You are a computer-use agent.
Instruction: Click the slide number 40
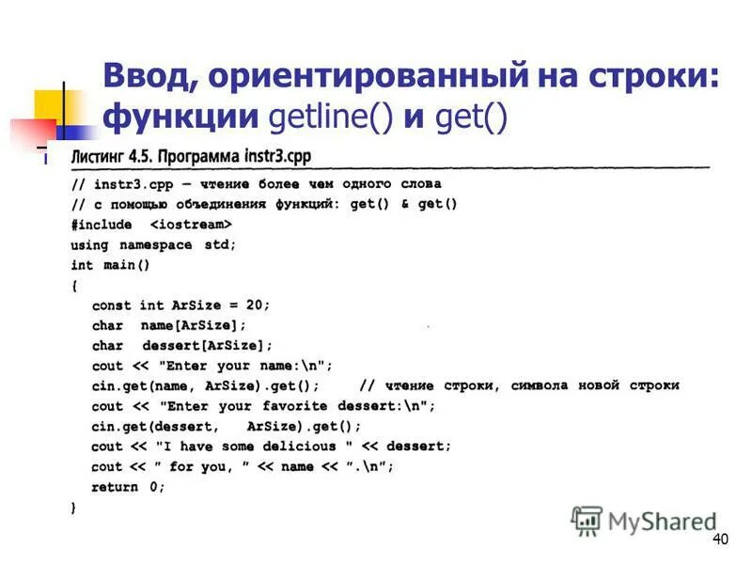pos(721,539)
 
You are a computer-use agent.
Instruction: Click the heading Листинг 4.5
pos(106,156)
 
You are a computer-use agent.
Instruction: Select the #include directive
pos(102,226)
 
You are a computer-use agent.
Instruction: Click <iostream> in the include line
pos(191,226)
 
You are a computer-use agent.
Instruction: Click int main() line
pos(110,266)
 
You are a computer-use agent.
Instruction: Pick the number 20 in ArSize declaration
pos(255,305)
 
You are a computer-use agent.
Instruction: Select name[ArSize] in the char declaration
pos(193,325)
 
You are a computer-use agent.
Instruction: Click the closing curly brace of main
pos(74,508)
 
